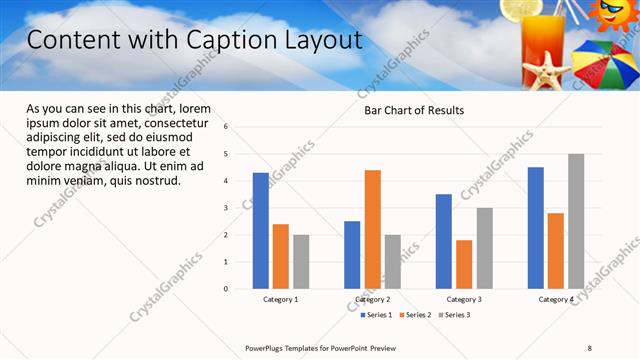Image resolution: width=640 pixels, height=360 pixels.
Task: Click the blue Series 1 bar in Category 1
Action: pos(261,230)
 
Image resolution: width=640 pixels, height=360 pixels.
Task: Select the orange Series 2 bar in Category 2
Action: pos(372,229)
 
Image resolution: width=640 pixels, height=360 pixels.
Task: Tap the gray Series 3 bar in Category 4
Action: pos(576,221)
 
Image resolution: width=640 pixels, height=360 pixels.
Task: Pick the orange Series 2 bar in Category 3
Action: pos(464,264)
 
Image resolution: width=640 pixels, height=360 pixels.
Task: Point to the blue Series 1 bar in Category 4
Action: pos(536,227)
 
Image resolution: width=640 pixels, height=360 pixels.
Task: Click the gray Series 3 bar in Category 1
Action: pos(301,261)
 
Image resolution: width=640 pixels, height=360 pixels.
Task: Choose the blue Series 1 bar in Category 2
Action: pos(352,254)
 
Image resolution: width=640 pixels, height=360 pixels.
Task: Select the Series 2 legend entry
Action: pos(416,315)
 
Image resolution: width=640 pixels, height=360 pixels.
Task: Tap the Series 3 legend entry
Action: pos(455,315)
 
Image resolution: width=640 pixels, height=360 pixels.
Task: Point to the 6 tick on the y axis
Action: pos(227,127)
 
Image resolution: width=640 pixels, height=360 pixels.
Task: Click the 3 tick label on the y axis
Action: pos(227,208)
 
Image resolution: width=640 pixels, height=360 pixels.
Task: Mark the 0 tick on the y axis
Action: pos(227,289)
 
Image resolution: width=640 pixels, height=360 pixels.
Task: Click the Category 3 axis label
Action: pos(464,299)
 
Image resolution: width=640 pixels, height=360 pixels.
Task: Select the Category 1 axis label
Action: pos(281,299)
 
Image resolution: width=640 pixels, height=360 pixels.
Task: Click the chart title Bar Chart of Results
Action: pos(413,110)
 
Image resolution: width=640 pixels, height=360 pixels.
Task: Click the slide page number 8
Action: pos(590,347)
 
